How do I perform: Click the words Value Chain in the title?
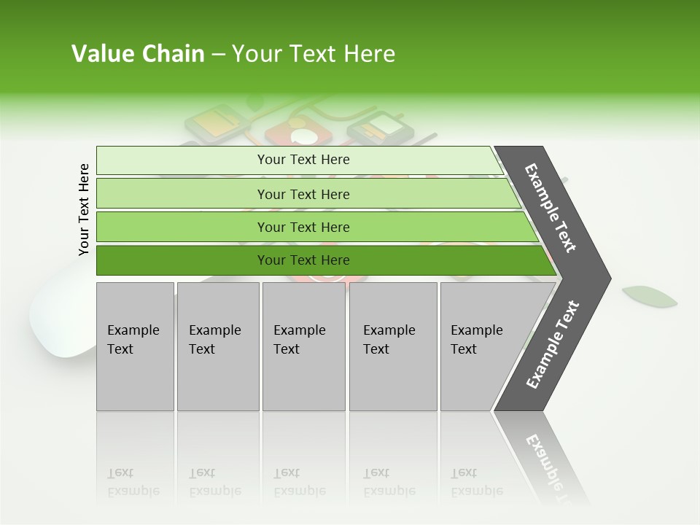tap(138, 54)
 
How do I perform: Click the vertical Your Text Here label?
tap(84, 209)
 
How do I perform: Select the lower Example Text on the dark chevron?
tap(553, 345)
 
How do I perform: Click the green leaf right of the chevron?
tap(649, 296)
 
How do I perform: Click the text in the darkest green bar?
tap(303, 260)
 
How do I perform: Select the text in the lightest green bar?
tap(303, 160)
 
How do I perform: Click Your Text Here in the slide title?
tap(314, 54)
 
